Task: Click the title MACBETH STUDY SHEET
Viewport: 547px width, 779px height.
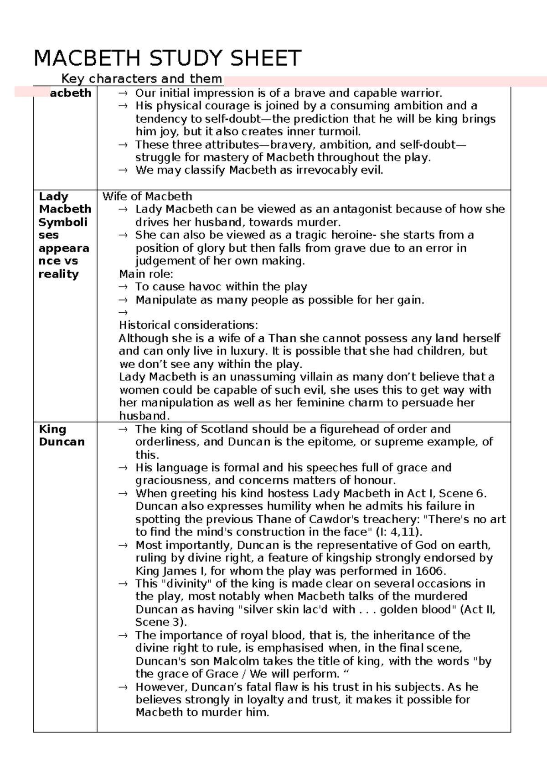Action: (167, 58)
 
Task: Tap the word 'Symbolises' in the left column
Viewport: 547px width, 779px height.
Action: (63, 229)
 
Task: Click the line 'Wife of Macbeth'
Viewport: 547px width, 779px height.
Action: (147, 196)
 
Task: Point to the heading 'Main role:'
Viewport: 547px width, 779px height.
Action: (146, 274)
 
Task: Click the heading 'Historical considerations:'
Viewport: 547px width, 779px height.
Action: (188, 325)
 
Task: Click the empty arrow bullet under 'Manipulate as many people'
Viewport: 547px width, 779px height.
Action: (122, 313)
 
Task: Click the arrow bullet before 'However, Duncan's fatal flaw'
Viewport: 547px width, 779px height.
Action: (122, 687)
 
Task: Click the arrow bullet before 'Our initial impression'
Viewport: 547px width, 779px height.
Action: (122, 93)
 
